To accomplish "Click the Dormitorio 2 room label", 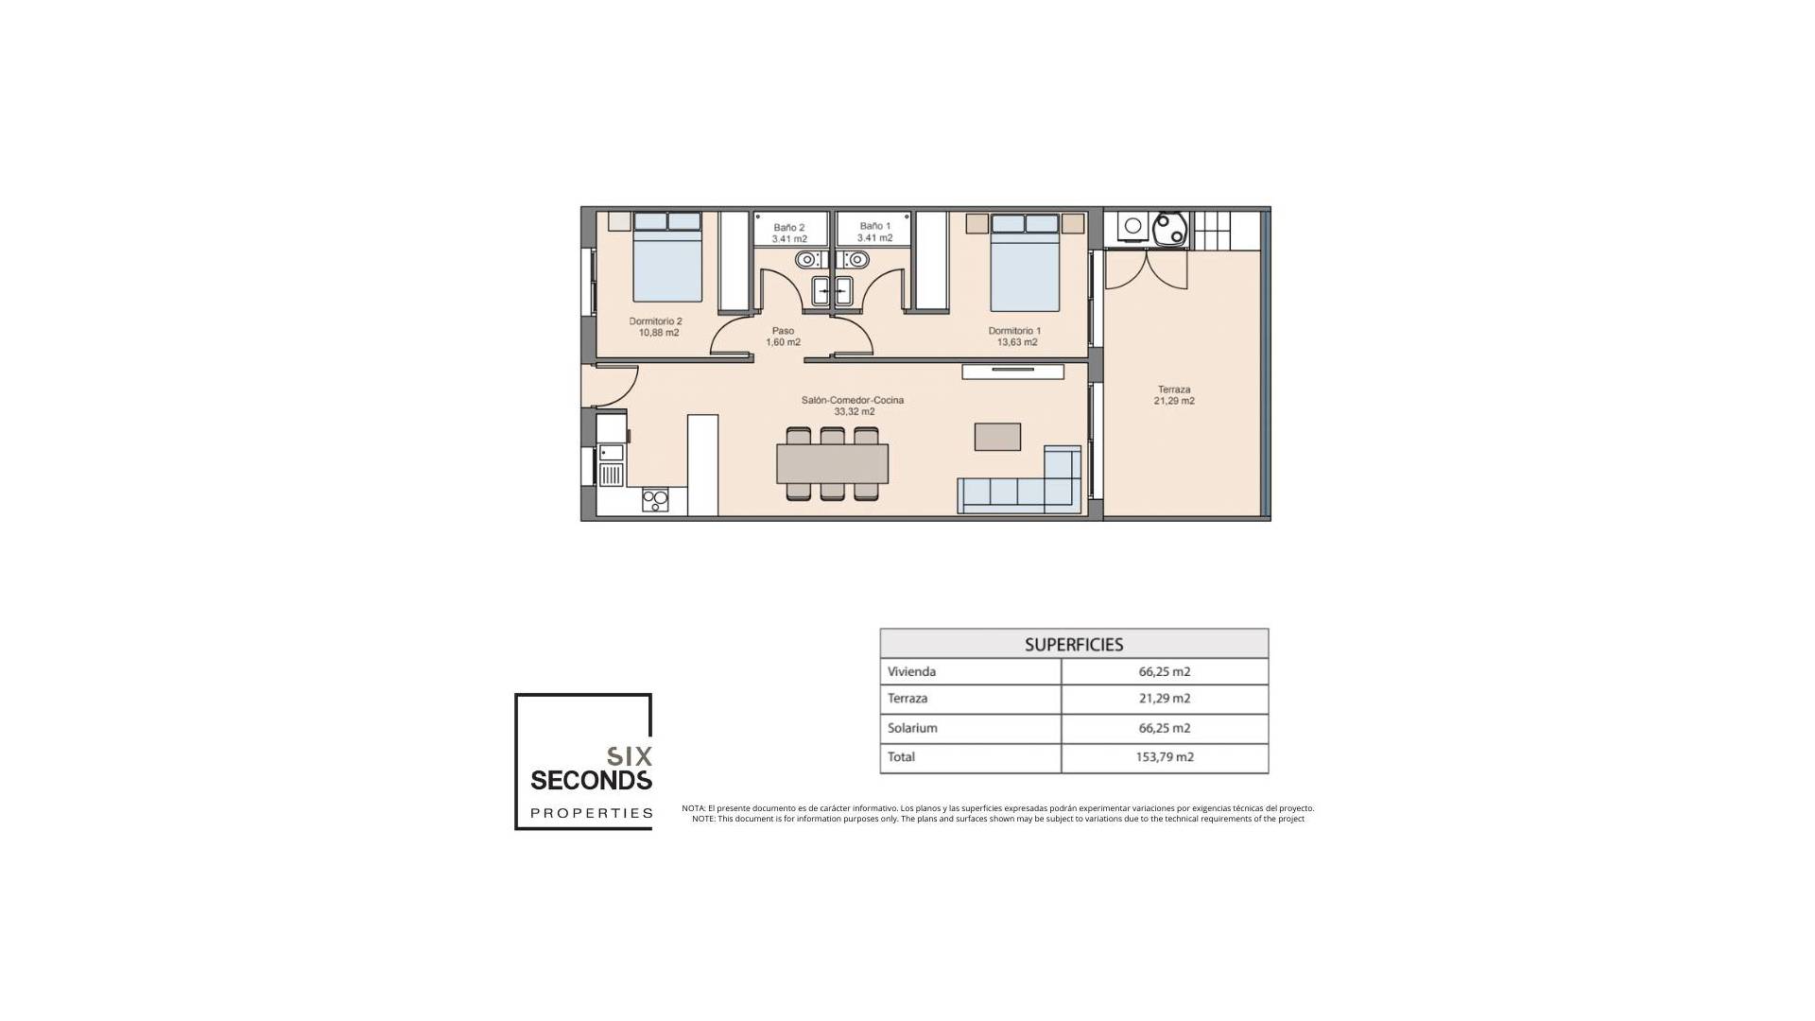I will pyautogui.click(x=655, y=327).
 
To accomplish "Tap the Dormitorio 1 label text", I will pyautogui.click(x=1015, y=337).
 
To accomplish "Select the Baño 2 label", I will pyautogui.click(x=788, y=233).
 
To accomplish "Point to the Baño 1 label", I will pyautogui.click(x=874, y=232).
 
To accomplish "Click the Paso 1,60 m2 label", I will pyautogui.click(x=783, y=337).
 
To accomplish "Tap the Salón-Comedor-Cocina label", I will pyautogui.click(x=852, y=406).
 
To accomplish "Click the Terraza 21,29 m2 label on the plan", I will pyautogui.click(x=1173, y=395).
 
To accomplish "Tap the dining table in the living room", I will pyautogui.click(x=832, y=463).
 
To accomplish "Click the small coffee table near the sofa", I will pyautogui.click(x=997, y=437).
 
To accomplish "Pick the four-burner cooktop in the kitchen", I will pyautogui.click(x=655, y=500).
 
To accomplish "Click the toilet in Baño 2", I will pyautogui.click(x=807, y=259).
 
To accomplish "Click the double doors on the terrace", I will pyautogui.click(x=1146, y=269).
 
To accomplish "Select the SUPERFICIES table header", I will pyautogui.click(x=1074, y=644).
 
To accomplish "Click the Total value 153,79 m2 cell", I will pyautogui.click(x=1165, y=757).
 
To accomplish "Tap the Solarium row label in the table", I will pyautogui.click(x=912, y=728).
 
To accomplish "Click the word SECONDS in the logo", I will pyautogui.click(x=591, y=781).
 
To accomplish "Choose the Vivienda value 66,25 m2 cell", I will pyautogui.click(x=1165, y=672).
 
